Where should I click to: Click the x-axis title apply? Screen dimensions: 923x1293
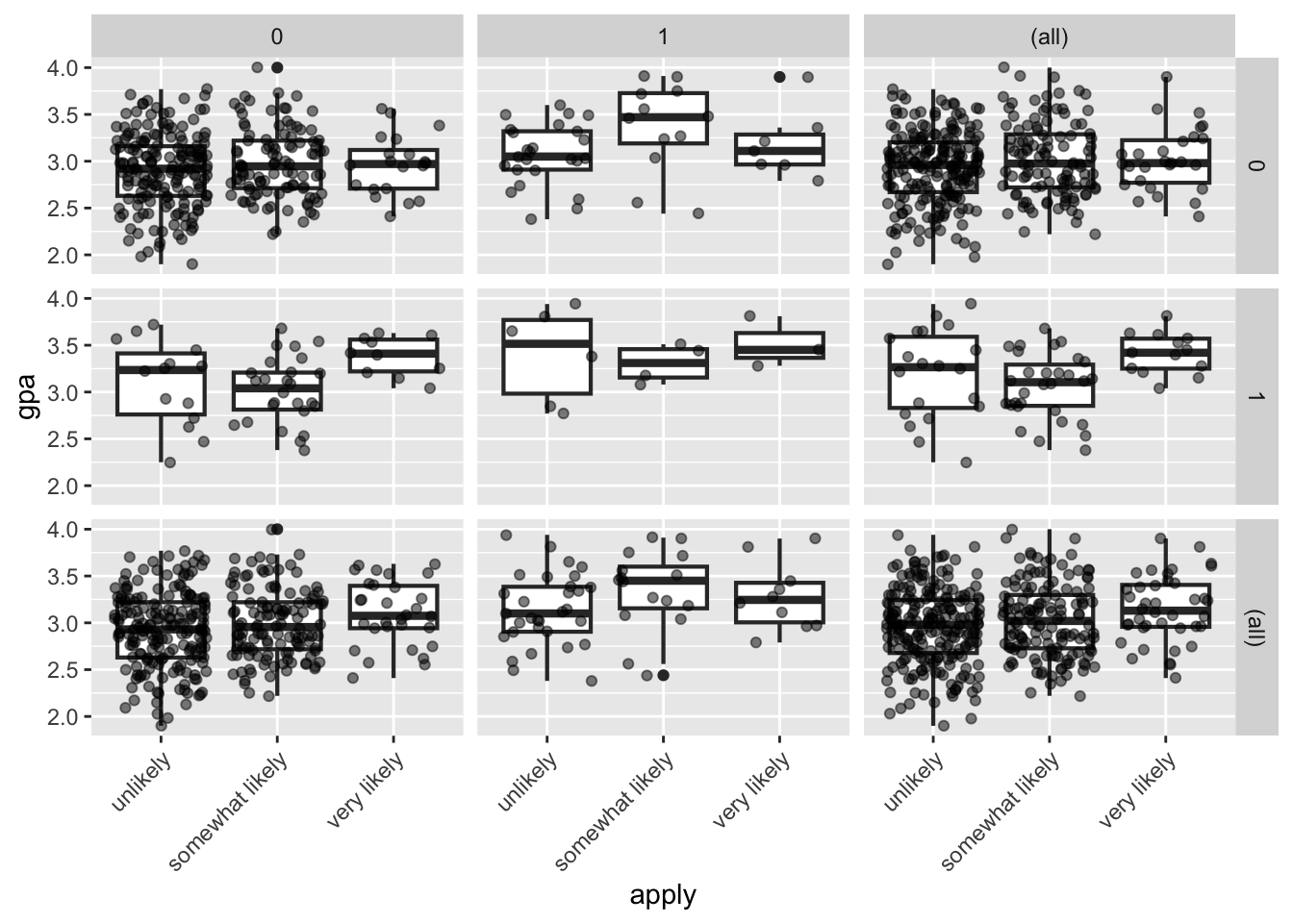coord(663,896)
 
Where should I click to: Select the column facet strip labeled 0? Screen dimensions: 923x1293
coord(277,37)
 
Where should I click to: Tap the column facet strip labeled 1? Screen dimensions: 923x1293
coord(663,37)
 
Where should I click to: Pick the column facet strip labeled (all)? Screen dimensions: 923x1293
coord(1049,37)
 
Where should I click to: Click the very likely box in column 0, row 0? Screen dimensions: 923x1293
coord(393,169)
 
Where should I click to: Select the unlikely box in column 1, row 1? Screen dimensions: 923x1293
coord(546,356)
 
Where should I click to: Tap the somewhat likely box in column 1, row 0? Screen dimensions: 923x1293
coord(663,118)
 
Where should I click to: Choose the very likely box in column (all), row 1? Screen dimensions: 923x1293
coord(1165,354)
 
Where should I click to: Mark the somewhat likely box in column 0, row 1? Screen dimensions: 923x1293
coord(277,390)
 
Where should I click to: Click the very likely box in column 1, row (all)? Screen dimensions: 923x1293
coord(779,603)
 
